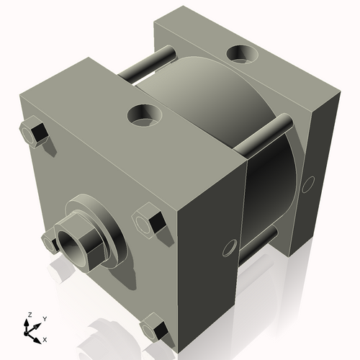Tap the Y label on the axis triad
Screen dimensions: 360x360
pos(44,318)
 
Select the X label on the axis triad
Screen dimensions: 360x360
pos(45,338)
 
